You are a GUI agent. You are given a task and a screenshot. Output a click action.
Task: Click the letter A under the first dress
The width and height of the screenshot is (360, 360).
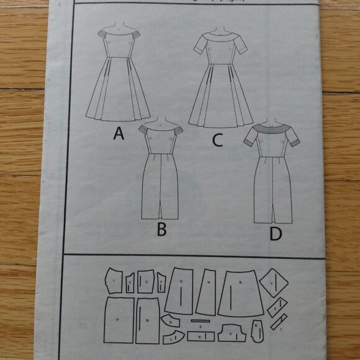(119, 133)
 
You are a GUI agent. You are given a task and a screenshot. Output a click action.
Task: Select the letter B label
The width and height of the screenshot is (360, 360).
(161, 230)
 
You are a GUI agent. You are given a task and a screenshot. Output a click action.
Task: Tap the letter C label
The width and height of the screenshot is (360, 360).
(217, 140)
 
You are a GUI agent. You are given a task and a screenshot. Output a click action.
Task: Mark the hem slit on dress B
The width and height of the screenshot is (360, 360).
(161, 211)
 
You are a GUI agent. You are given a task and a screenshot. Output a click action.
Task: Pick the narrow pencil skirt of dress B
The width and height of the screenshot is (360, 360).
(160, 186)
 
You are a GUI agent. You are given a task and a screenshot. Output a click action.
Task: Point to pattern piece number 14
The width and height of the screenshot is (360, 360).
(207, 292)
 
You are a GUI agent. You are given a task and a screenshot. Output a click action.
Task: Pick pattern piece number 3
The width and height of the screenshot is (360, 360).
(146, 282)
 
